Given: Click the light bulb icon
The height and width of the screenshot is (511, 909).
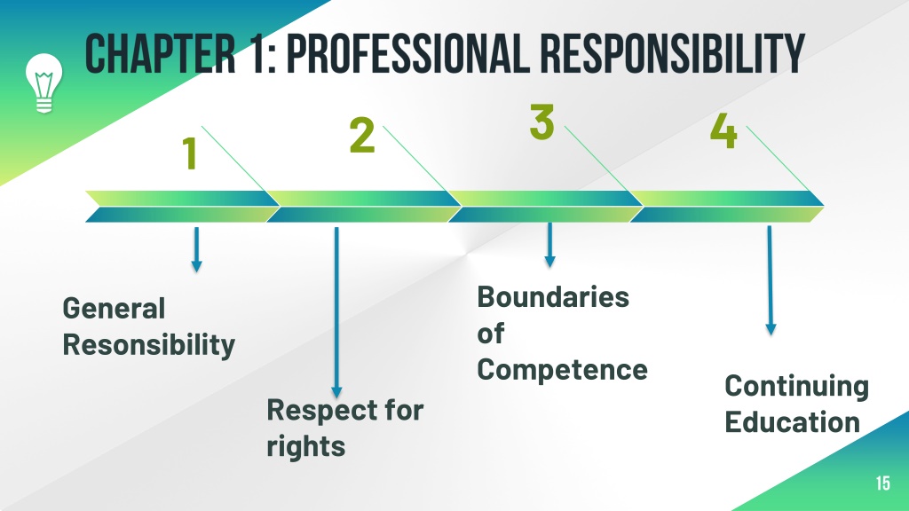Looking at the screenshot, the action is coord(43,83).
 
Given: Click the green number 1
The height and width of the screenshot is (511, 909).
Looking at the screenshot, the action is coord(190,153).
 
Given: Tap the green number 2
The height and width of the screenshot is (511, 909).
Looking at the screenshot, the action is coord(362,135).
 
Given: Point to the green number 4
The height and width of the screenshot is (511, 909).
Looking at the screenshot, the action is coord(723,130).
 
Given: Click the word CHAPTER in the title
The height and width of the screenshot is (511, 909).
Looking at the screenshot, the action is coord(160,53).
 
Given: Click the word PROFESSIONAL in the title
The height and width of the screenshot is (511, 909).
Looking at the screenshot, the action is coord(407,53).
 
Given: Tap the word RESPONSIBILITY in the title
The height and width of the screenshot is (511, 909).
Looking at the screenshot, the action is coord(673,53).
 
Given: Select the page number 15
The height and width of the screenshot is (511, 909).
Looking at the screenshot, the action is coord(882,483).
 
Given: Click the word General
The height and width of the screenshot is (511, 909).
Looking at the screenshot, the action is coord(114,308).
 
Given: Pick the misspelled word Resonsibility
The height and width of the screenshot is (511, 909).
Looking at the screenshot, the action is coord(149,345).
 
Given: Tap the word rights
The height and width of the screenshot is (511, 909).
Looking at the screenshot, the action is coord(306,447).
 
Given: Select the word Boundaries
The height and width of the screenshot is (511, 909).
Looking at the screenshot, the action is coord(553,297).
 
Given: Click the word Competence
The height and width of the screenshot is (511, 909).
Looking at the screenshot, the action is coord(562,370).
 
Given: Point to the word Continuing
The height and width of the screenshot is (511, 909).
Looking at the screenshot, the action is coord(796,386).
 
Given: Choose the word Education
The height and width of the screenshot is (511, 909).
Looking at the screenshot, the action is coord(793,421).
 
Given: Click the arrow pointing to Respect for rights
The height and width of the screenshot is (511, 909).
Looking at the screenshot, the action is coord(336,312).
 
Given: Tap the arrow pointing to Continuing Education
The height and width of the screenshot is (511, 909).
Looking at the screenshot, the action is coord(770,280).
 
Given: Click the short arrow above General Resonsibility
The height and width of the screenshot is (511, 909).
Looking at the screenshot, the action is coord(196,249).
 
